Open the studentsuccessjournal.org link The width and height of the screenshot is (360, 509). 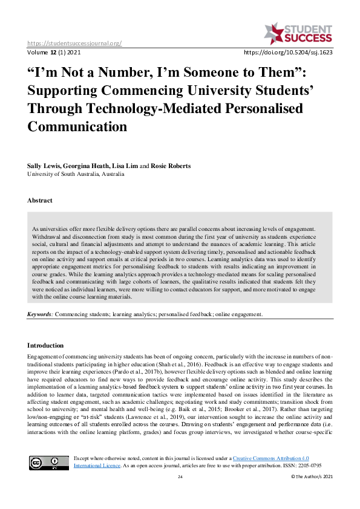tap(74, 43)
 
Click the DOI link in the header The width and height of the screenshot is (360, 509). tap(287, 52)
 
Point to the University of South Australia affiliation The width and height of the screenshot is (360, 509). tap(76, 173)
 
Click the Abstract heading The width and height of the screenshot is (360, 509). tap(39, 200)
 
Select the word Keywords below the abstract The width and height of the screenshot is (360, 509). tap(41, 314)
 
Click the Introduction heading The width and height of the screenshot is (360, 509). tap(45, 345)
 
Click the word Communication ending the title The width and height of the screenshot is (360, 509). tap(77, 127)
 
